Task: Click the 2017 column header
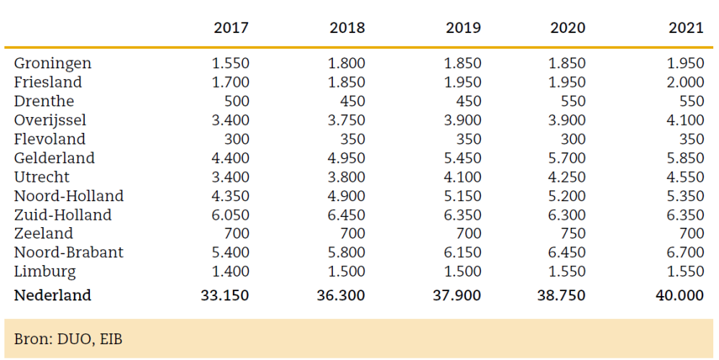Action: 231,28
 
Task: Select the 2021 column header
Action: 686,28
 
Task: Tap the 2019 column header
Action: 463,28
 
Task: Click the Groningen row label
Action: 52,63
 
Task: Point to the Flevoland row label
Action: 50,139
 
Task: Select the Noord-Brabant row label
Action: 68,252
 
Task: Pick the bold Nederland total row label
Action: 52,295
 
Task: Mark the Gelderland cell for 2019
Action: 463,158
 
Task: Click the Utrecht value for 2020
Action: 567,177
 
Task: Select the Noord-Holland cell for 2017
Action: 230,195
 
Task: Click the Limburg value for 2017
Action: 230,272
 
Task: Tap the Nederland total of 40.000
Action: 679,295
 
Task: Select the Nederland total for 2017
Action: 226,295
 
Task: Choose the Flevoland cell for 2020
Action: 572,139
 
